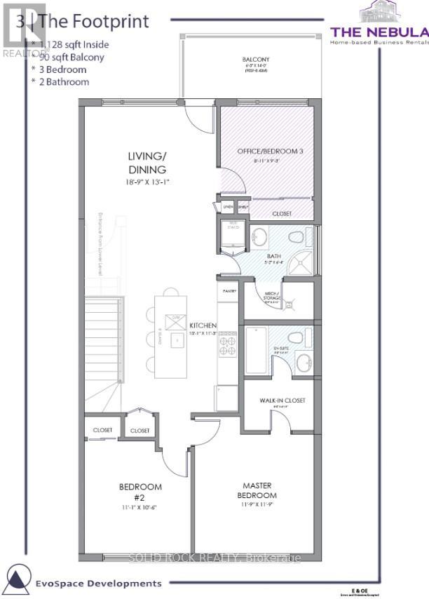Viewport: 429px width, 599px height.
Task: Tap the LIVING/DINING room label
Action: (147, 163)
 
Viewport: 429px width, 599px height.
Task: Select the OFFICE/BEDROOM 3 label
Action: (265, 149)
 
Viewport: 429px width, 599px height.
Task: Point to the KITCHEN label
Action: (203, 325)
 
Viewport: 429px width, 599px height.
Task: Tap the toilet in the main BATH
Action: (295, 235)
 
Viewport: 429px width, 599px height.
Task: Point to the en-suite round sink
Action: (302, 363)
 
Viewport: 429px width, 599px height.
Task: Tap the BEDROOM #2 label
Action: (140, 492)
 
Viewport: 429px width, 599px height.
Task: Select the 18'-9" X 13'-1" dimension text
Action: (147, 182)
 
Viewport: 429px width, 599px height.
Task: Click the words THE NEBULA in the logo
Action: (379, 32)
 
